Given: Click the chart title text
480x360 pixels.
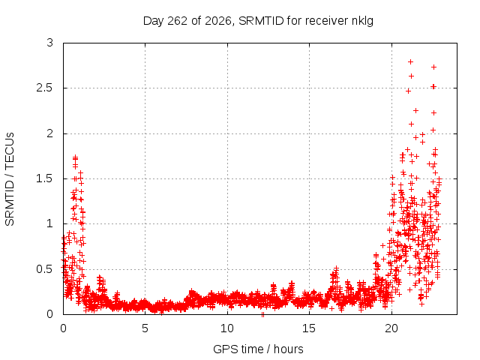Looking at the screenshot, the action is tap(258, 21).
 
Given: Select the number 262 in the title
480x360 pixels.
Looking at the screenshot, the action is tap(177, 21).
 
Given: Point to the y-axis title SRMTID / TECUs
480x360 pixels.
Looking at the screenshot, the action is tap(10, 179).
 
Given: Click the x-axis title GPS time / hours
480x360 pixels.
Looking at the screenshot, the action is tap(258, 349).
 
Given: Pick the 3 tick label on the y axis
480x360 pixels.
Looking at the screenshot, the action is tap(50, 43).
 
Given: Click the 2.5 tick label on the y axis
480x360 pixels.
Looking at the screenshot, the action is tap(45, 88).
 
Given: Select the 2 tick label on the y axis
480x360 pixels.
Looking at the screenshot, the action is tap(50, 133).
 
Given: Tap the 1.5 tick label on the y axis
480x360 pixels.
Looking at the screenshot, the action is tap(45, 178).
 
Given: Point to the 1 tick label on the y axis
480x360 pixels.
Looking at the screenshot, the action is tap(50, 223).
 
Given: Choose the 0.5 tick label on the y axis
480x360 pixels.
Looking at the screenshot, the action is tap(45, 269).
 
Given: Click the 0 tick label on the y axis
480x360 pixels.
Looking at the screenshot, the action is tap(50, 314).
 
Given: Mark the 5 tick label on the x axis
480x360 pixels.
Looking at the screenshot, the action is tap(145, 328).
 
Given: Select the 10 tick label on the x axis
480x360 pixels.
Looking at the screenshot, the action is tap(226, 328).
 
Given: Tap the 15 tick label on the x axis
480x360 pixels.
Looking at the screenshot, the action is tap(309, 328).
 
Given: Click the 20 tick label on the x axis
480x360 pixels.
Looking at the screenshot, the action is tap(391, 328).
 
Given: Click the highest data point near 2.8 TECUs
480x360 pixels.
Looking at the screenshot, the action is tap(411, 61).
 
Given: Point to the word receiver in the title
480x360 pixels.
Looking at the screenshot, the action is tap(327, 21).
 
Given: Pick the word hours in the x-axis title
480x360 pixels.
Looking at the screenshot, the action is tap(288, 349).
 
